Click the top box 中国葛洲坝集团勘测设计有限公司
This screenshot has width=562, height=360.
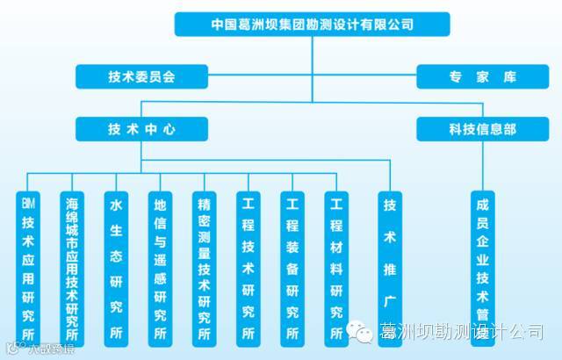coord(312,25)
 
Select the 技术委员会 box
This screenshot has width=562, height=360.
coord(141,76)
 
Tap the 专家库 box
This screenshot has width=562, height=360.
coord(479,76)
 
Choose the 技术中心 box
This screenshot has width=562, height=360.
coord(141,128)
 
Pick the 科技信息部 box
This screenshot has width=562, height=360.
coord(479,128)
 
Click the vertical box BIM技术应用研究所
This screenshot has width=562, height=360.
coord(29,268)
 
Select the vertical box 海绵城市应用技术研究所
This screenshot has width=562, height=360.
coord(72,268)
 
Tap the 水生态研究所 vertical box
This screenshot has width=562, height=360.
coord(116,268)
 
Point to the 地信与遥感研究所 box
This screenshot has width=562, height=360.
coord(160,268)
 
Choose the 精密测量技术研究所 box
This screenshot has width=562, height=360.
coord(204,268)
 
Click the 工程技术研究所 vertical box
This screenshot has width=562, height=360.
coord(249,268)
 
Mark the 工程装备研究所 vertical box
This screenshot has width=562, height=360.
coord(292,268)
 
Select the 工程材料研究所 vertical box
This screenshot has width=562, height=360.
coord(336,268)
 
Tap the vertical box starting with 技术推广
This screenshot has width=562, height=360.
coord(390,255)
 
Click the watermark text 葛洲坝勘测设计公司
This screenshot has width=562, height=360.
coord(460,331)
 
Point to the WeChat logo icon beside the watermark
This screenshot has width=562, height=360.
coord(360,331)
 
